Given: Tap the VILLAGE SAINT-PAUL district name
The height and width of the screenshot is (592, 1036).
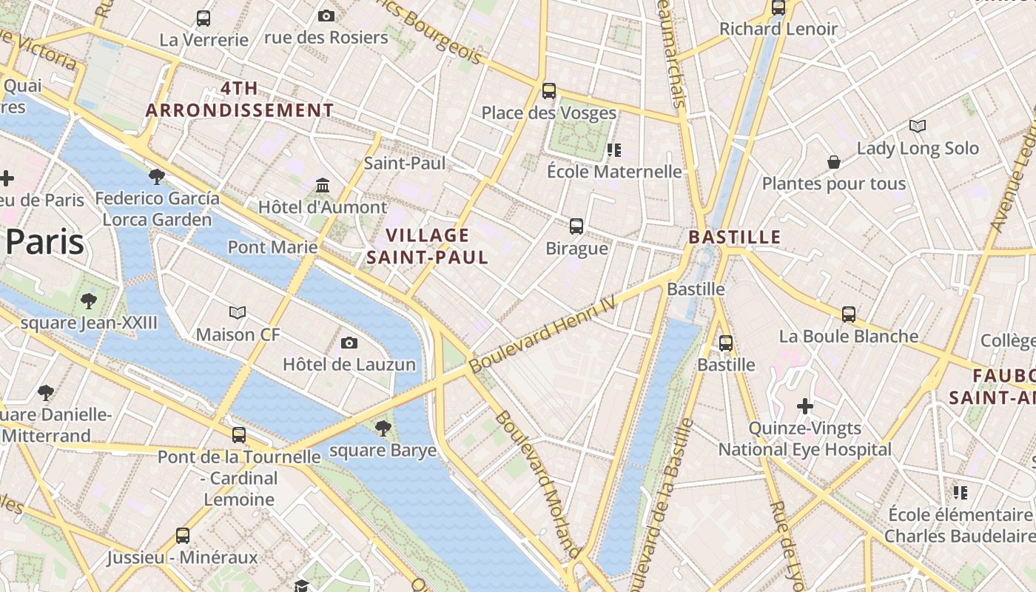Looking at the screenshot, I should click(x=427, y=246).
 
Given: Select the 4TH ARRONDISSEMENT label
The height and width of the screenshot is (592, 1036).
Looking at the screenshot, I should click(x=240, y=100).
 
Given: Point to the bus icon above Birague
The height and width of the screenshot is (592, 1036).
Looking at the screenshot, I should click(x=576, y=226).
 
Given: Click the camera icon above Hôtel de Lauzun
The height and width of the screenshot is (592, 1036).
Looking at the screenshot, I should click(x=349, y=343).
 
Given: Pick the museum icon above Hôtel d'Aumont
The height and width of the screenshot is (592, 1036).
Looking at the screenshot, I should click(x=323, y=185).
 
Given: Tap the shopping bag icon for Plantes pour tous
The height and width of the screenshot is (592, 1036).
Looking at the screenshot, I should click(x=834, y=161).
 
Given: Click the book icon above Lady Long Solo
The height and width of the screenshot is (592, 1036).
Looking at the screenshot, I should click(x=918, y=126).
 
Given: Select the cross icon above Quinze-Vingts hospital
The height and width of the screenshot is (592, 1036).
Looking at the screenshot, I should click(x=805, y=406).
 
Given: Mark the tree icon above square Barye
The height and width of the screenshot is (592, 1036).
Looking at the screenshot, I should click(x=383, y=428).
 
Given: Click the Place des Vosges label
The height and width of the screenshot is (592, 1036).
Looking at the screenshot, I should click(x=548, y=113).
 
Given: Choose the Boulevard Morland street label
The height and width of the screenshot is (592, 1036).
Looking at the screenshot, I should click(x=536, y=484).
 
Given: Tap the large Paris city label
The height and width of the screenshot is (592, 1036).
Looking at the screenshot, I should click(x=44, y=242).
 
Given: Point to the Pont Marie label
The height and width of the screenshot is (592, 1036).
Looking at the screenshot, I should click(x=272, y=246).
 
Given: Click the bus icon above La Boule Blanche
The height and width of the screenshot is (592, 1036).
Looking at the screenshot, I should click(x=849, y=314).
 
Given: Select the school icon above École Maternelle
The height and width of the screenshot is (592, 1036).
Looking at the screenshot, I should click(x=613, y=150).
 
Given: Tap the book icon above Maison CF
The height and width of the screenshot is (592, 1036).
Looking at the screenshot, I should click(x=238, y=312).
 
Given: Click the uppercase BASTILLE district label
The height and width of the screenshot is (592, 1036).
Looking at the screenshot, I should click(x=734, y=237).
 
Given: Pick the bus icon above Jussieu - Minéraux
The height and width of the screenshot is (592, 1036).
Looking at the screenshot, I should click(x=182, y=535).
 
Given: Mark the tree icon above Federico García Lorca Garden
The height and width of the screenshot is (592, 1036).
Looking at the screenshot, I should click(x=156, y=176).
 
